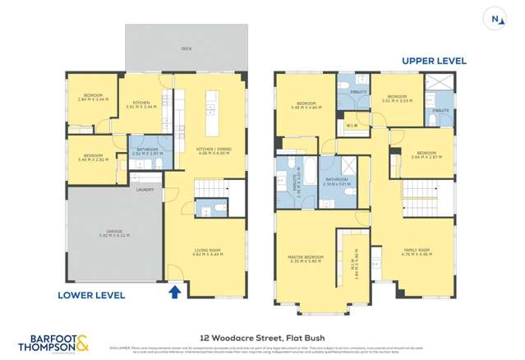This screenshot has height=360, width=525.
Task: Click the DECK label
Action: click(x=186, y=48)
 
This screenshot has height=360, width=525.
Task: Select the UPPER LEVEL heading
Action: click(x=434, y=61)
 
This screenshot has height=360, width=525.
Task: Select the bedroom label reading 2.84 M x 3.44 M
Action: click(x=92, y=97)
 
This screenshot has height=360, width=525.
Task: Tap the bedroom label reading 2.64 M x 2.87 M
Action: click(x=426, y=155)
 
